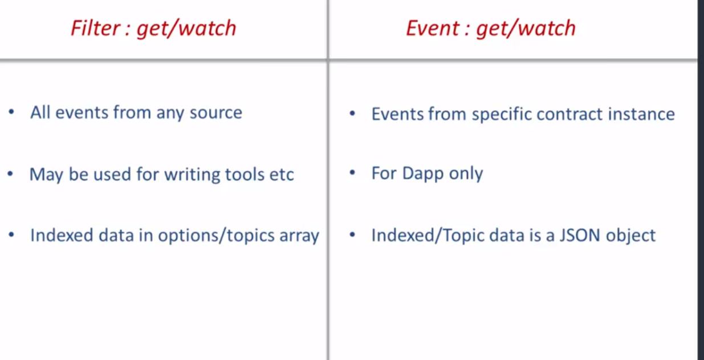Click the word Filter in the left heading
[x=96, y=28]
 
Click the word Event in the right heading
[x=433, y=28]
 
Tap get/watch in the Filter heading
[x=186, y=29]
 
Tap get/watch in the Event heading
[x=526, y=29]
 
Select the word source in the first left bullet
[x=216, y=112]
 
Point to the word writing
[x=192, y=175]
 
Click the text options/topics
[x=216, y=236]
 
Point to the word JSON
[x=580, y=236]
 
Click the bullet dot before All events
[x=11, y=112]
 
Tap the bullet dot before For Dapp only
[x=352, y=172]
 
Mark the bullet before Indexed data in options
[x=11, y=234]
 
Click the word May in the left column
[x=46, y=175]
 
